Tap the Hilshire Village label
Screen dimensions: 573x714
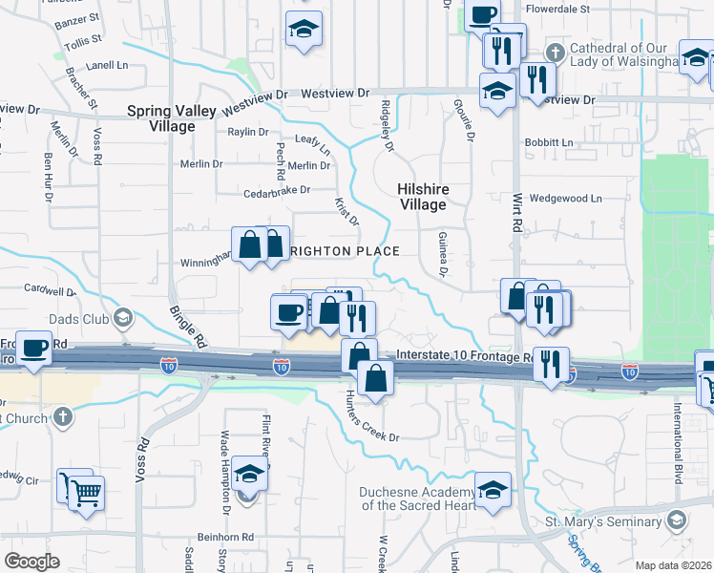point(422,197)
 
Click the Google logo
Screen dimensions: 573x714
point(32,562)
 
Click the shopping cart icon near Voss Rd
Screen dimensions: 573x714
point(85,493)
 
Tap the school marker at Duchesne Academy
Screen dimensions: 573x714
point(493,490)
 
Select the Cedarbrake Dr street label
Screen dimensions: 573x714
point(278,189)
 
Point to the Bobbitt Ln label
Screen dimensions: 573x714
point(548,142)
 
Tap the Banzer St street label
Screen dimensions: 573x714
point(78,18)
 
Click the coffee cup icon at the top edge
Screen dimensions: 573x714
point(481,13)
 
